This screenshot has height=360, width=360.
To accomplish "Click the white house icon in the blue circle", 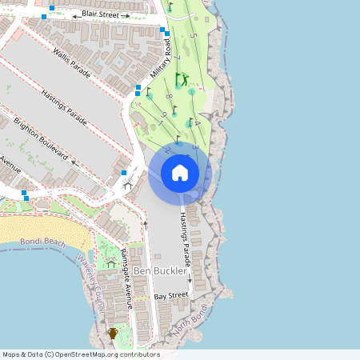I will coord(180,173).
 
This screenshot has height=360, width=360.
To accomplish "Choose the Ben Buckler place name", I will coord(160,271).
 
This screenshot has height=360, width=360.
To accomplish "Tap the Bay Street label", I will coord(171,296).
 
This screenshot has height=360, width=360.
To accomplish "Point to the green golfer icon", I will coord(182,79).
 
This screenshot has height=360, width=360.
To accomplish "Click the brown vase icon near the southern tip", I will coord(113,333).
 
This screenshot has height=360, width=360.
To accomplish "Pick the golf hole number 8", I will coord(169,97).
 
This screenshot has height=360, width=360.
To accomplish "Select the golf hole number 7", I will coord(178,58).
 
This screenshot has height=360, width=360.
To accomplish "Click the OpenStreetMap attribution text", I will coord(80,354).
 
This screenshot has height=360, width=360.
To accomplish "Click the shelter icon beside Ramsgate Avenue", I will coord(110,262).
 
